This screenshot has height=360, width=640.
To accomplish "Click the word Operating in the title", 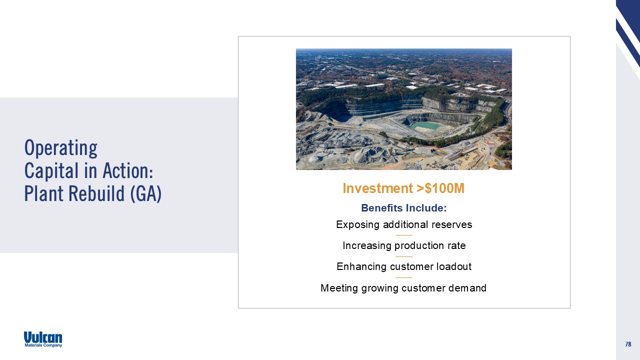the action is click(61, 148).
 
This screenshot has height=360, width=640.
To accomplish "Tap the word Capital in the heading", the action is click(51, 171).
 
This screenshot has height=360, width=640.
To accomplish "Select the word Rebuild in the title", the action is click(96, 193).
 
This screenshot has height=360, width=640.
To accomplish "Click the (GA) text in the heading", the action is click(146, 193).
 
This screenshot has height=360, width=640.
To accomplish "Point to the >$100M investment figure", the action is click(440, 188).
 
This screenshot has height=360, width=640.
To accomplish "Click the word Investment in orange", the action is click(377, 188).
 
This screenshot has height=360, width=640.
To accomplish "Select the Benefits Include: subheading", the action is click(403, 208).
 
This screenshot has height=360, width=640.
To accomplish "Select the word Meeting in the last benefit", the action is click(339, 288).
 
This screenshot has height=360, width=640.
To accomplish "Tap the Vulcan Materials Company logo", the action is click(43, 339).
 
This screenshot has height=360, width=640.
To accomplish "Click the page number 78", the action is click(628, 344).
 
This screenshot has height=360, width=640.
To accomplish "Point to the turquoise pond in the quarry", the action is click(425, 125).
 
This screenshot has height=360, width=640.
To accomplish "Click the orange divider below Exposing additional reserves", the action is click(404, 235).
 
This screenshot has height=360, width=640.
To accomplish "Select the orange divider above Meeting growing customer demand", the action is click(404, 277).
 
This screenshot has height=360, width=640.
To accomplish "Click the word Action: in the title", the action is click(127, 171).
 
